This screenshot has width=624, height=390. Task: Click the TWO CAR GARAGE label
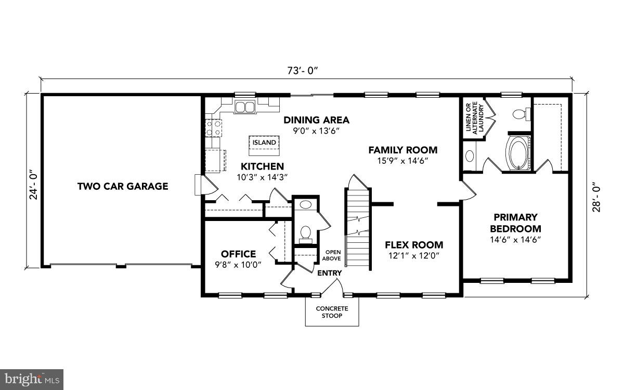click(123, 186)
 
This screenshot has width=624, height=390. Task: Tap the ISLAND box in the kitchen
click(264, 146)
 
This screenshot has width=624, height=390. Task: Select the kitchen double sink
click(245, 107)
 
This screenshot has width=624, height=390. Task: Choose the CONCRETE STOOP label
click(332, 313)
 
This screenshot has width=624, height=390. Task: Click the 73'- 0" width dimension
click(303, 71)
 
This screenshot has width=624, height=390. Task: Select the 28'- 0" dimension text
click(596, 197)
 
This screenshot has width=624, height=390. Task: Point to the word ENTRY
click(330, 273)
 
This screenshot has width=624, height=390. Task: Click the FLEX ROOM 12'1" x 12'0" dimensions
click(414, 256)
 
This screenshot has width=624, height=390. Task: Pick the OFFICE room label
click(239, 254)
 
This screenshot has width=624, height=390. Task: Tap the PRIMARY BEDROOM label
click(516, 223)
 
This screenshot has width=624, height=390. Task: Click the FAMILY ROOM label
click(403, 150)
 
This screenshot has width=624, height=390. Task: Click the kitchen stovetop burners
click(214, 128)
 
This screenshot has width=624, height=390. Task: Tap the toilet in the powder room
click(306, 235)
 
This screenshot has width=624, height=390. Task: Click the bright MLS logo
click(32, 380)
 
